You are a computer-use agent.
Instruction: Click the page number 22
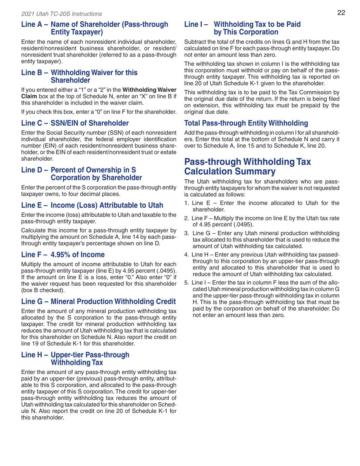click(x=341, y=14)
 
